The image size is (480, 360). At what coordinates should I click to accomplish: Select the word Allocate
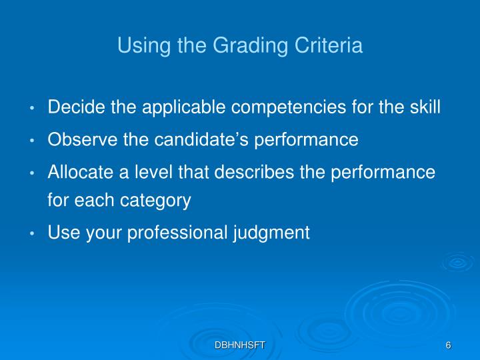pyautogui.click(x=75, y=172)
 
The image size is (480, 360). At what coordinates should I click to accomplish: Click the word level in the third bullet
pyautogui.click(x=145, y=172)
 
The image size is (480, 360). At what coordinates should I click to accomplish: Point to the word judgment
pyautogui.click(x=273, y=233)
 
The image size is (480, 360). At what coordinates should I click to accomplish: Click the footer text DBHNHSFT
pyautogui.click(x=240, y=345)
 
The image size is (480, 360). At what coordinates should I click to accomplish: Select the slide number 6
pyautogui.click(x=449, y=345)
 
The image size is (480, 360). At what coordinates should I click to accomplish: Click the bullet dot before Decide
pyautogui.click(x=33, y=108)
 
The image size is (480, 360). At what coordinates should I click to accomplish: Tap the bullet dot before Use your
pyautogui.click(x=33, y=234)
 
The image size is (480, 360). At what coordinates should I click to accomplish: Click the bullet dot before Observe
pyautogui.click(x=33, y=141)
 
